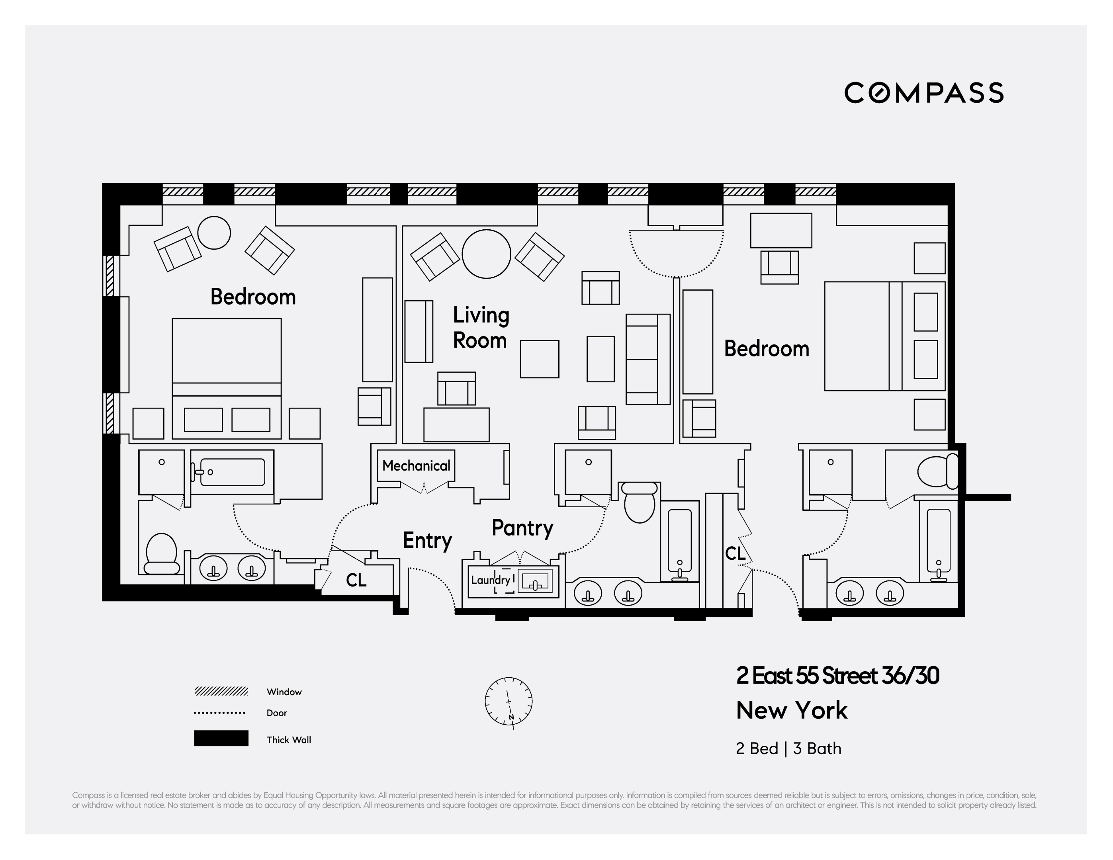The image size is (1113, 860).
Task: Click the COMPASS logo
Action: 923,93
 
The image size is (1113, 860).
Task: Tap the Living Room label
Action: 481,328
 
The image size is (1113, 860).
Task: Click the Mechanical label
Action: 416,466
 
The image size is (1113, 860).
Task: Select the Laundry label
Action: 490,580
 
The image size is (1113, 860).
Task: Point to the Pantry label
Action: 522,528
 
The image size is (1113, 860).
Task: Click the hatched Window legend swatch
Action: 221,691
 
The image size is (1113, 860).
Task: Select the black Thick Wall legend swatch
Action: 221,738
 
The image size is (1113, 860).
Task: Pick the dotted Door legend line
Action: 220,713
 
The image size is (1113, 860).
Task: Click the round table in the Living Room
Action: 486,254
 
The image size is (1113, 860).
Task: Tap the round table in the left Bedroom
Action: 214,233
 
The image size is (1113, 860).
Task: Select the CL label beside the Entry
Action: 356,580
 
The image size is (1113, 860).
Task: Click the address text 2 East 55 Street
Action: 837,676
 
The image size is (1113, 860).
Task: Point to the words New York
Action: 791,710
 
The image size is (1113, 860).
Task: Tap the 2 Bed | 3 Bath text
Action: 788,749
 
